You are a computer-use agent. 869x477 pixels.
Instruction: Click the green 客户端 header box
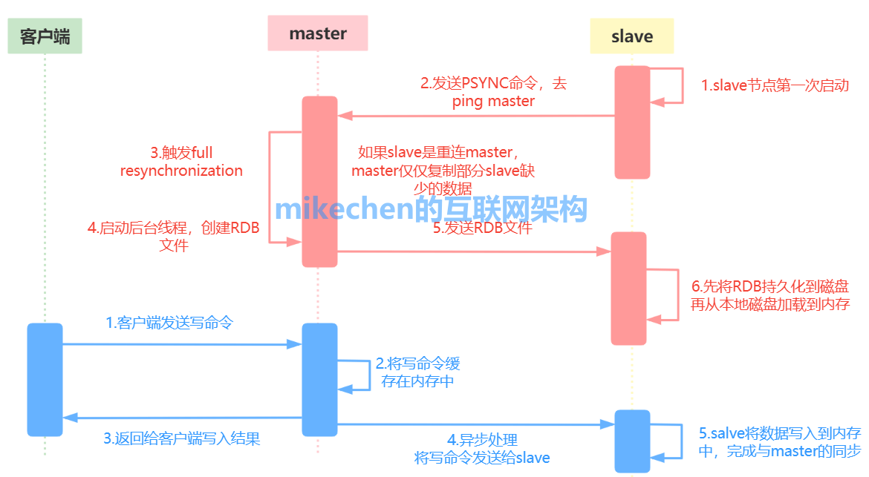coord(45,36)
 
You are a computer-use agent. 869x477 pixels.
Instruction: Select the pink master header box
coord(318,33)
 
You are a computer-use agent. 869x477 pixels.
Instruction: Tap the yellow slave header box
coord(632,36)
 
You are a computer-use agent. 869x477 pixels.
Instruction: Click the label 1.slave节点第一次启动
coord(775,86)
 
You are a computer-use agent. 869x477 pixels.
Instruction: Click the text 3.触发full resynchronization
coord(181,162)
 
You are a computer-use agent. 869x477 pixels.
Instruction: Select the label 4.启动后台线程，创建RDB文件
coord(174,237)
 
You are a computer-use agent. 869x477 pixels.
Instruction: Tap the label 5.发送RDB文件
coord(482,228)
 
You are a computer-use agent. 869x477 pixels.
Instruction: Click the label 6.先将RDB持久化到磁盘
coord(769,286)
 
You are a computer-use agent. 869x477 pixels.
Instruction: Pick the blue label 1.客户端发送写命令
coord(169,323)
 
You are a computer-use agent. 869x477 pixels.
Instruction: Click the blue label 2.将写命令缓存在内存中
coord(417,372)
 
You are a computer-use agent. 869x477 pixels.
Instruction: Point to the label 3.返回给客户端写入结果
coord(182,439)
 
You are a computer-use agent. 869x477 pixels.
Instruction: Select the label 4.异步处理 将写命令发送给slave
coord(482,449)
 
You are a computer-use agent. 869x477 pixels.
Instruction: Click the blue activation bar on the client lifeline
coord(45,380)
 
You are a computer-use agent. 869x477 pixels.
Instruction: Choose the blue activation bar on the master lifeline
coord(320,380)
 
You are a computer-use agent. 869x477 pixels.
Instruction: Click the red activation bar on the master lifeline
coord(320,182)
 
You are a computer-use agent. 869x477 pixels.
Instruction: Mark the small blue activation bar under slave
coord(632,441)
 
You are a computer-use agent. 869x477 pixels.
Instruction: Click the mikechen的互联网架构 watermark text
coord(432,209)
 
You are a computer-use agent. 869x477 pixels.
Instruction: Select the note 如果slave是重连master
coord(437,152)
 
